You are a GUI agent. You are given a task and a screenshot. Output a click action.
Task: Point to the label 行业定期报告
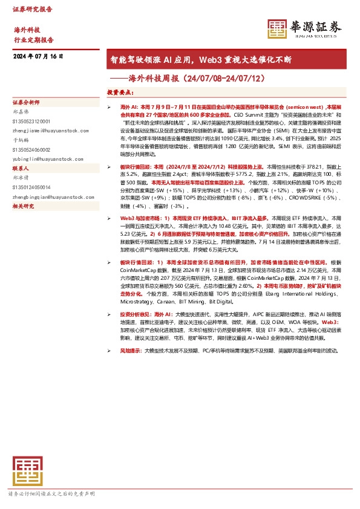[34, 40]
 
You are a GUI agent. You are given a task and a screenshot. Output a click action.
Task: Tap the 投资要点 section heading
[121, 92]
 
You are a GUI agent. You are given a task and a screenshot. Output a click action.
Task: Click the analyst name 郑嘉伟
[21, 112]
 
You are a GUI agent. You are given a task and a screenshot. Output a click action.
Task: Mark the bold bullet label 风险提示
[130, 351]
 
